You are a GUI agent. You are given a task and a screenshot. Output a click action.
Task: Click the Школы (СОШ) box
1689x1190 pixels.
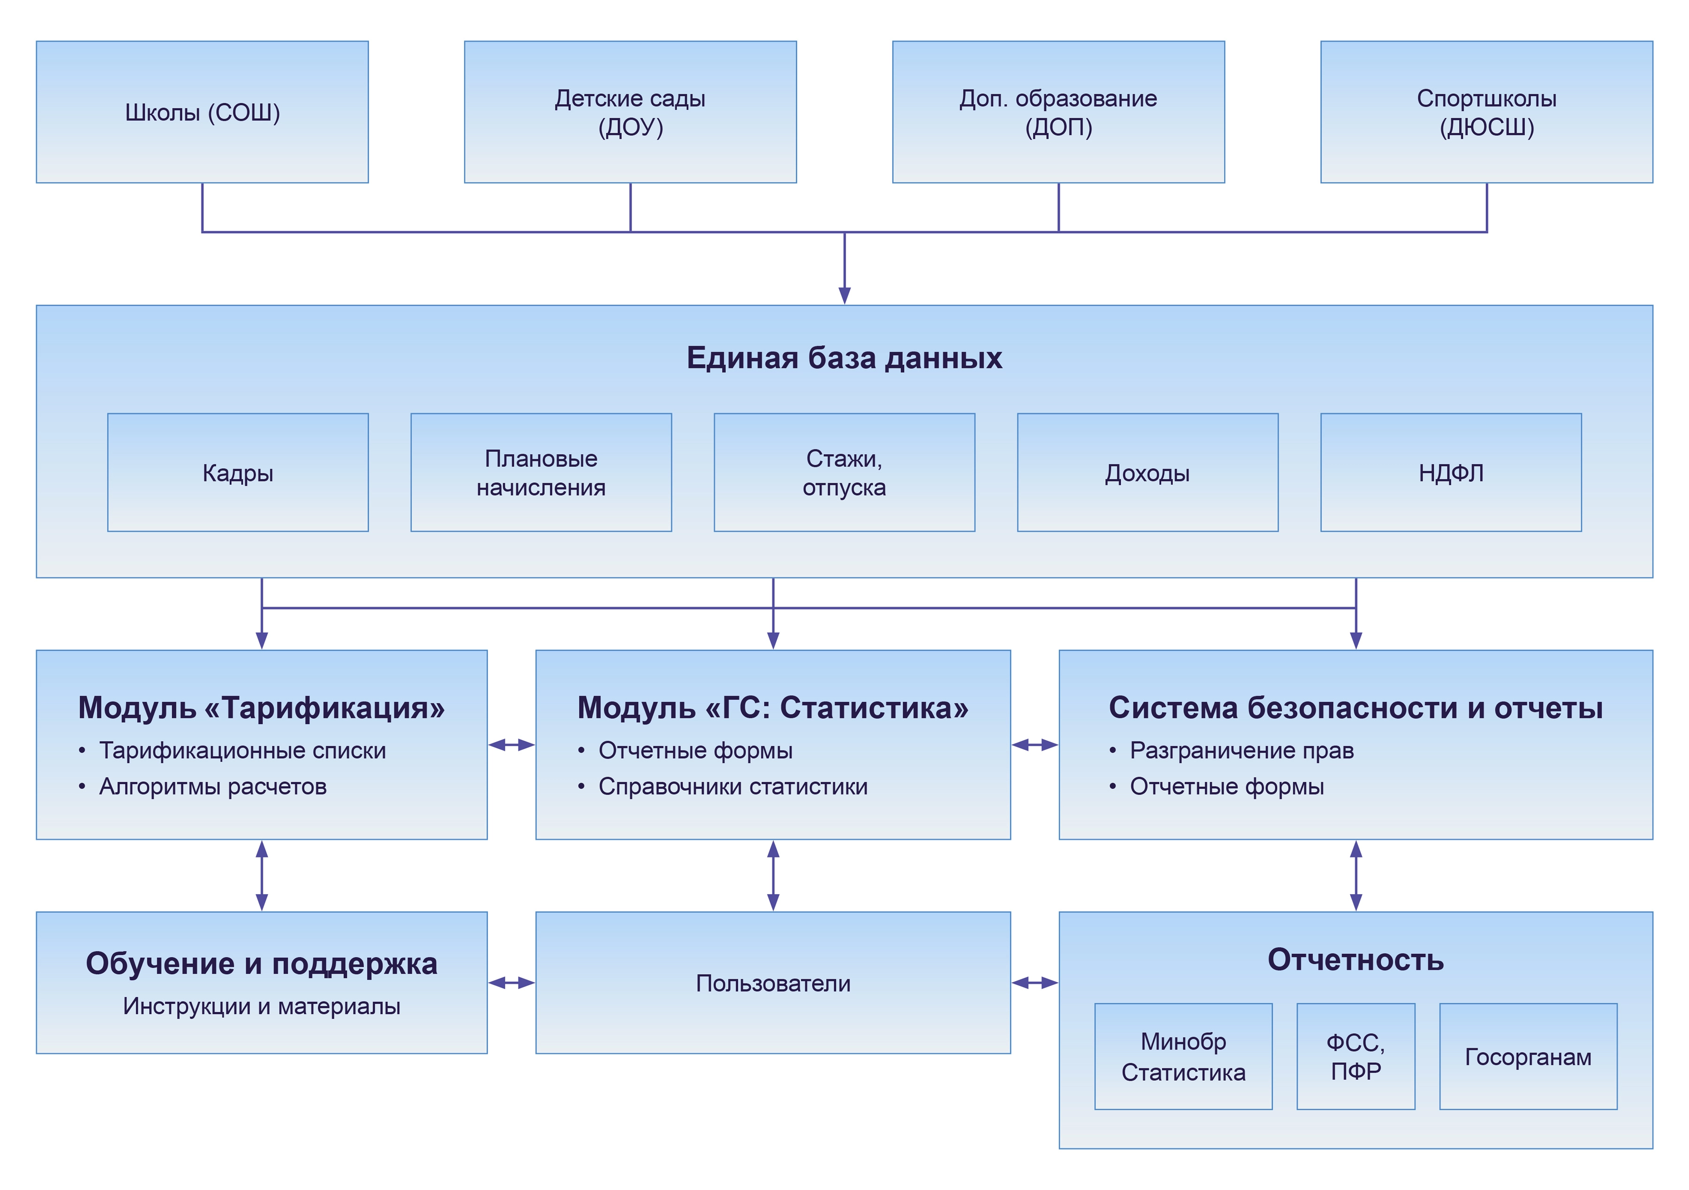pos(202,112)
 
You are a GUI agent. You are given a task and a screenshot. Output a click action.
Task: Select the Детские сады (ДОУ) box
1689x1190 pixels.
pos(631,112)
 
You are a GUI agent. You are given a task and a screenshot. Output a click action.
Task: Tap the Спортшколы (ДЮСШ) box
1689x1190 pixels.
pos(1487,112)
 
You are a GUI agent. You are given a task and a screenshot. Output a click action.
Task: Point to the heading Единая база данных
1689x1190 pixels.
pos(844,358)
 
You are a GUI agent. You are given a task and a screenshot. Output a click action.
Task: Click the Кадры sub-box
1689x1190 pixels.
pos(237,473)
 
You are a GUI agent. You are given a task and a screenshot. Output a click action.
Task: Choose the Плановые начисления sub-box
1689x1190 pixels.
pos(540,473)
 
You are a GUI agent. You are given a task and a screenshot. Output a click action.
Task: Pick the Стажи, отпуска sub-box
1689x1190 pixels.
pos(844,473)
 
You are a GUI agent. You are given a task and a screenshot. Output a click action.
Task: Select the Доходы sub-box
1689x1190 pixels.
pos(1148,473)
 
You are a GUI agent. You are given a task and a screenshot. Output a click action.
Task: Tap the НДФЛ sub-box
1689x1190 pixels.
pos(1451,473)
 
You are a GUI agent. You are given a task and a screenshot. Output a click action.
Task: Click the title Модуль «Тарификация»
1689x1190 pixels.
pos(261,707)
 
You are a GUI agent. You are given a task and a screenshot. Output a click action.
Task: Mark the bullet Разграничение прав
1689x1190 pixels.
pos(1241,751)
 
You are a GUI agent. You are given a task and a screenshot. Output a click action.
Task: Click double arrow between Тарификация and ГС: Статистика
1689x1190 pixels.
pos(511,745)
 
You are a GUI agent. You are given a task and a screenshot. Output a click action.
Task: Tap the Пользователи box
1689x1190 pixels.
pos(773,983)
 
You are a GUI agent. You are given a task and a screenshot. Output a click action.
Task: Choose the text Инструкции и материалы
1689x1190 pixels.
pos(261,1006)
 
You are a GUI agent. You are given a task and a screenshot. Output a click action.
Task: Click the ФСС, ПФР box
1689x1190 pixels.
pos(1356,1057)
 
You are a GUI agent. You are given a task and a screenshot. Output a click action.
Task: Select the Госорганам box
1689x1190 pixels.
pos(1528,1057)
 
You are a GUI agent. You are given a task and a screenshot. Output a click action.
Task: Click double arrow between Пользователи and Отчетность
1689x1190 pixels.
pos(1035,983)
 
